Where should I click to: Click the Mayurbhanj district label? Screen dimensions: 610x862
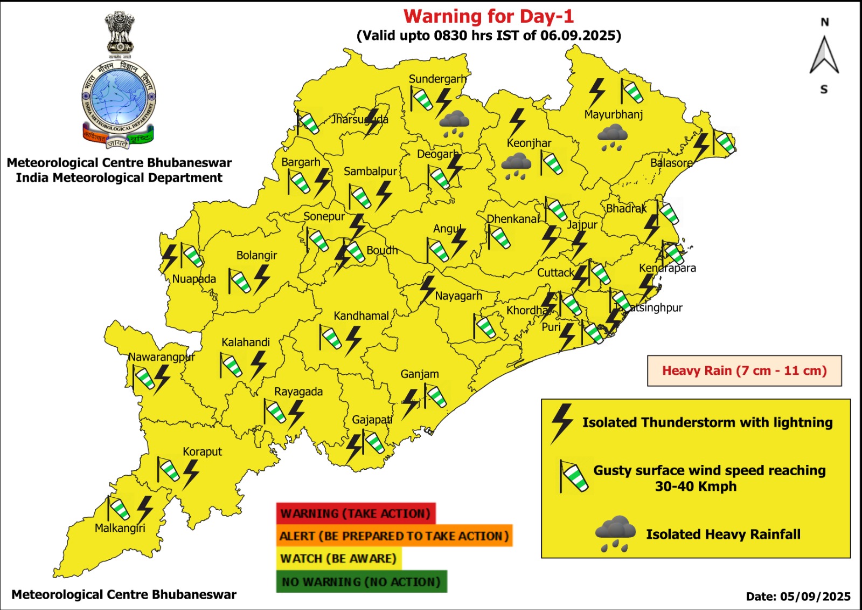[613, 114]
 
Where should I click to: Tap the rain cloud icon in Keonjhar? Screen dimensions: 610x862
[516, 166]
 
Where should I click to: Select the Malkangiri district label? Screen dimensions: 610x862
[120, 528]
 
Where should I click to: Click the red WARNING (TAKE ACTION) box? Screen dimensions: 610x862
[356, 513]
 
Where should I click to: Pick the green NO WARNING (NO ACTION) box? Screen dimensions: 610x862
[361, 582]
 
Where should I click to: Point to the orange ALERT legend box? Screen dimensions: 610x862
[394, 536]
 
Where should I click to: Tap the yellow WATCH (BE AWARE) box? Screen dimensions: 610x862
[338, 559]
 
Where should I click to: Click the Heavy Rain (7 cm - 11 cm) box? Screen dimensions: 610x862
[744, 371]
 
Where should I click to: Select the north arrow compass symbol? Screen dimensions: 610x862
[824, 55]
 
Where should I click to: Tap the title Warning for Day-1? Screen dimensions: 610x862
[489, 16]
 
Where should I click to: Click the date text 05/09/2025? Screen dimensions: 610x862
[815, 597]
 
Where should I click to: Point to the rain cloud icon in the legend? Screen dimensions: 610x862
[615, 533]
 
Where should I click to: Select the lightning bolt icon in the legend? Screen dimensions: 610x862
[561, 423]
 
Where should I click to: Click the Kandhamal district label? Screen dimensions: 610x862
[361, 316]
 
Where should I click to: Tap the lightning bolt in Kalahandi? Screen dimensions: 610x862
[259, 365]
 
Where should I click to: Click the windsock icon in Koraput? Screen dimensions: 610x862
[168, 470]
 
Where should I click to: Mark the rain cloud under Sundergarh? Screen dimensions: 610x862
[455, 124]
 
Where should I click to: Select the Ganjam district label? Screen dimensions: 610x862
[419, 374]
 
